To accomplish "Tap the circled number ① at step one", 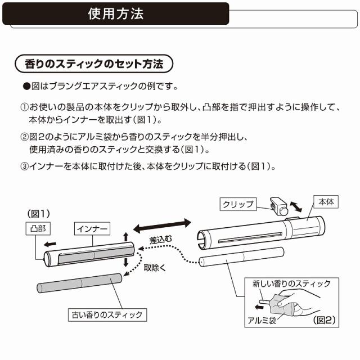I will click(24, 107).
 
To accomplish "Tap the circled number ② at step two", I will click(24, 137).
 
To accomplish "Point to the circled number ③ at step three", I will click(24, 166).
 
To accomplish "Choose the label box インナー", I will click(93, 228).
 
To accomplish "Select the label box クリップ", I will click(238, 204).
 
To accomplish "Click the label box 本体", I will click(327, 201).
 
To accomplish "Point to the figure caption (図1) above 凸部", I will click(39, 213).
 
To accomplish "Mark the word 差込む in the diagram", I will click(160, 239).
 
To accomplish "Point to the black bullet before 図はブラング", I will click(25, 87).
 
